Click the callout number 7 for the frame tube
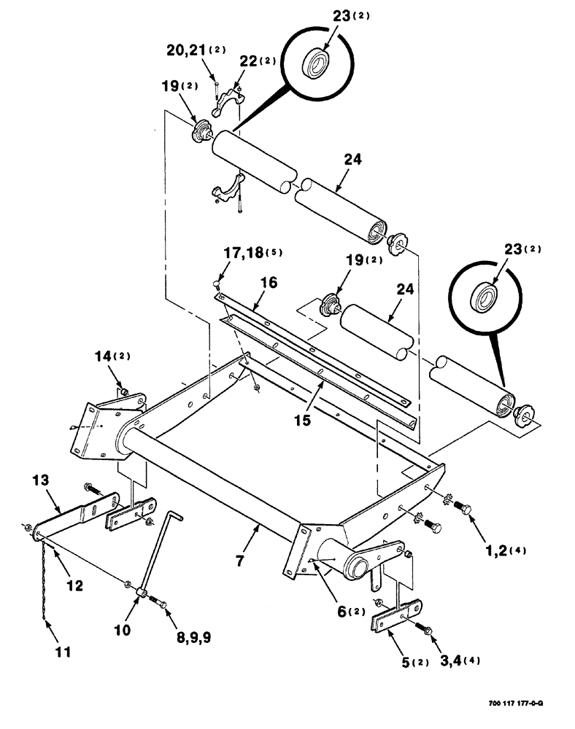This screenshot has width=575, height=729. tap(239, 561)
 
